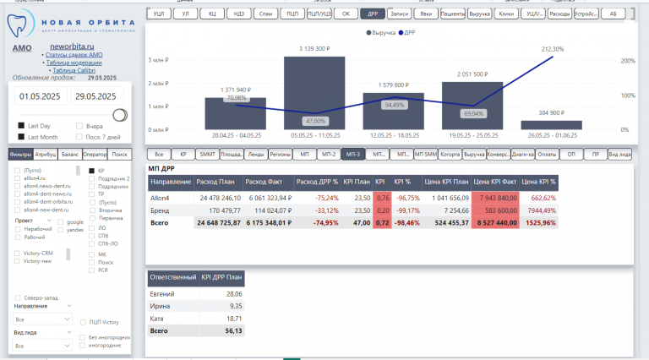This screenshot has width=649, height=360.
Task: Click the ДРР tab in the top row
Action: coord(372,14)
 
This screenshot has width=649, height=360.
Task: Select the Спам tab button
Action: coord(265,14)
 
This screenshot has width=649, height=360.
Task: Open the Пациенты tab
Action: coord(452,14)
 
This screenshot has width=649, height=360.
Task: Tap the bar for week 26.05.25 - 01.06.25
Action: coord(551,124)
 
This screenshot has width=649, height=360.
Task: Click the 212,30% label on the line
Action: coord(552,49)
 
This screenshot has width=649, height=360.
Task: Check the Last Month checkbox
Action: coord(21,136)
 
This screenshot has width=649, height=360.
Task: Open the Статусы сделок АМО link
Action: coord(74,55)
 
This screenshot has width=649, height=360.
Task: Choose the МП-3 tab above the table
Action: coord(352,154)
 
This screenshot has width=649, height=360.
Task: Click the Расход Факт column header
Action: coord(264,182)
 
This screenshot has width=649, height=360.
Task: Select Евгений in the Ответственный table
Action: coord(161,294)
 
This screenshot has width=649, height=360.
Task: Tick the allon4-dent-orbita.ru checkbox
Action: coord(17,201)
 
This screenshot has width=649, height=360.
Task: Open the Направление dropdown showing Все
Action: coord(44,319)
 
